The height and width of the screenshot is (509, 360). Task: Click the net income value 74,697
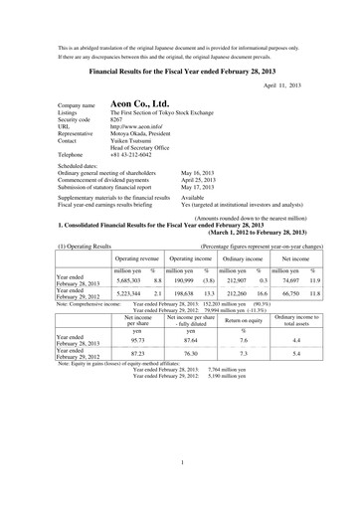(x=286, y=277)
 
